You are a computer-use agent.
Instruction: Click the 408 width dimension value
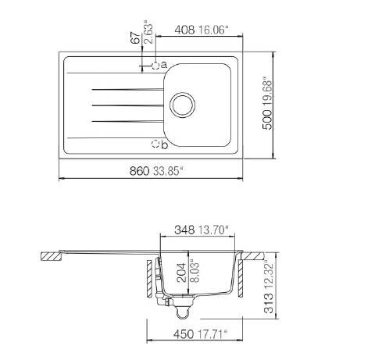point(184,30)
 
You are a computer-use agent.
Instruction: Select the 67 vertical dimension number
point(135,38)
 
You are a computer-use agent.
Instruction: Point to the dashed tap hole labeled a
point(155,66)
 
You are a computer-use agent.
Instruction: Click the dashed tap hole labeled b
point(155,144)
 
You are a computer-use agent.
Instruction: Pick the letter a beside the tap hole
point(163,64)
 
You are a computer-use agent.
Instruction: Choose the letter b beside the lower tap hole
point(164,144)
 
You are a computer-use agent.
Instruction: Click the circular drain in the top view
point(182,105)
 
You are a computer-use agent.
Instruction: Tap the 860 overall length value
point(139,171)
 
